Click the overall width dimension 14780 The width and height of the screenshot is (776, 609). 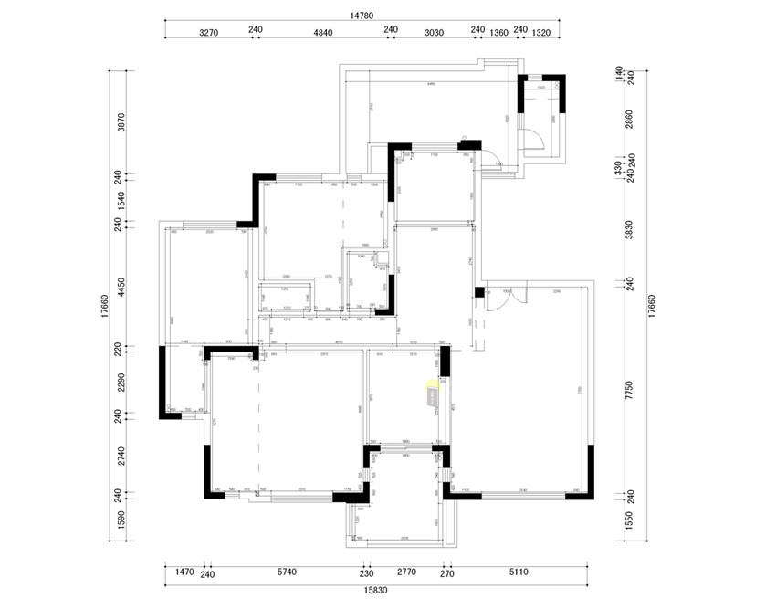[x=362, y=15]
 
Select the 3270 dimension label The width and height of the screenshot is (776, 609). [x=209, y=32]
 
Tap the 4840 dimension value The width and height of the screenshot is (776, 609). [x=324, y=32]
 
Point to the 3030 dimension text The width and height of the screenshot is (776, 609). [x=434, y=32]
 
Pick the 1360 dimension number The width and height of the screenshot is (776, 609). [x=498, y=32]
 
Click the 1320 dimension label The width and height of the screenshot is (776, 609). [x=540, y=32]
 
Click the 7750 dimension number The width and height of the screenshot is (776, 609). [x=628, y=390]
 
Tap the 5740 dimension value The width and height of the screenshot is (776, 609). [x=287, y=572]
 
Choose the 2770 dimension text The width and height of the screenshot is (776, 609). [x=405, y=572]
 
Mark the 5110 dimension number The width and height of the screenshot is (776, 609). [x=518, y=572]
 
